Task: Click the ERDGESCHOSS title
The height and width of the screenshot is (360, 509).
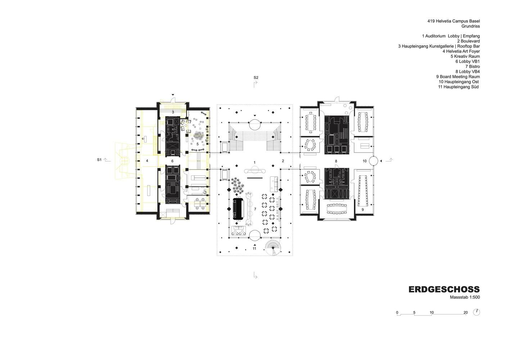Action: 444,289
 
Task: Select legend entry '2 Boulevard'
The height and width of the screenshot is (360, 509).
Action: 469,41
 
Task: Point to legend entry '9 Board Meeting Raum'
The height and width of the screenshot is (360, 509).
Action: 458,77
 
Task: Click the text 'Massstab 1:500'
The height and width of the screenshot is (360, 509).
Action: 465,297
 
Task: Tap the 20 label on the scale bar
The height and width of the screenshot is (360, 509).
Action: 465,312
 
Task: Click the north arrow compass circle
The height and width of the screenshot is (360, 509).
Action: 477,312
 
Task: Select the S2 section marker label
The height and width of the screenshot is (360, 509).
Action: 256,77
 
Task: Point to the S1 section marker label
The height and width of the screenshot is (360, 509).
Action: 99,160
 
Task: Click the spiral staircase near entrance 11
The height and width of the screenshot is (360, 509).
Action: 273,248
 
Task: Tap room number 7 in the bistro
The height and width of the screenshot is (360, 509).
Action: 255,209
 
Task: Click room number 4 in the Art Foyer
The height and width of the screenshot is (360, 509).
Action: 147,161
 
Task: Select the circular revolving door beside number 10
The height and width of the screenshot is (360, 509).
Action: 373,161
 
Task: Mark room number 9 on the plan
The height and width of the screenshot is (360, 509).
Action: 362,210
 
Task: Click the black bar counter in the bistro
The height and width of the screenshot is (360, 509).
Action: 238,209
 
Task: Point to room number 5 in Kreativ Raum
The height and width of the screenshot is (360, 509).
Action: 198,144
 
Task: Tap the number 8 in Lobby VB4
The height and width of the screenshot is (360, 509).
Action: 336,161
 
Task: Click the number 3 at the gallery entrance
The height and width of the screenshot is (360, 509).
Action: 173,112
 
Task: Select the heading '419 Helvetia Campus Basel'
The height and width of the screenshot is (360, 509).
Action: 454,21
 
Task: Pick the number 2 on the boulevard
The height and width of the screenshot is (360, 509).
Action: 283,161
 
